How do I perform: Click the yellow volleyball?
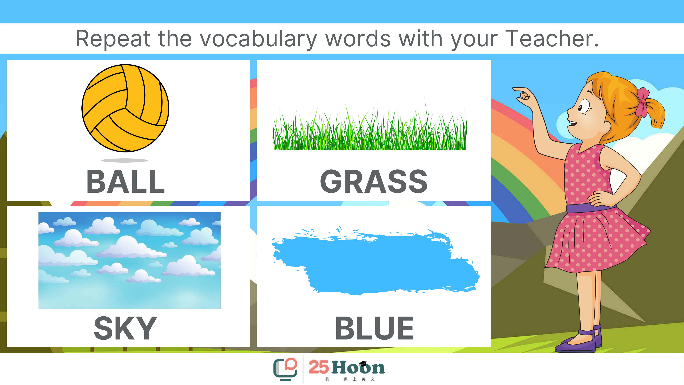tap(125, 108)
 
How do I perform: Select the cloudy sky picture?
tap(130, 260)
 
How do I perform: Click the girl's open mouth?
tap(572, 124)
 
